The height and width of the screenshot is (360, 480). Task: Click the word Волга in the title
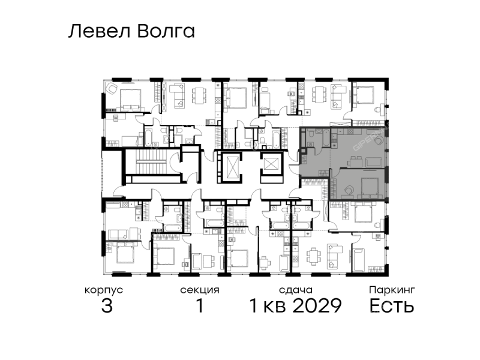pyautogui.click(x=166, y=32)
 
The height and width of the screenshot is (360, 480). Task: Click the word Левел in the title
pyautogui.click(x=100, y=31)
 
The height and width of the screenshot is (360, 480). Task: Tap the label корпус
pyautogui.click(x=104, y=290)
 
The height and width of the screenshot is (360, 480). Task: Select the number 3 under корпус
pyautogui.click(x=107, y=305)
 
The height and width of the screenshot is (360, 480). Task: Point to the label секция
pyautogui.click(x=200, y=290)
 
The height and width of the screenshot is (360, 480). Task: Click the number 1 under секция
pyautogui.click(x=200, y=305)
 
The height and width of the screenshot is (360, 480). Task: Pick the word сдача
pyautogui.click(x=296, y=290)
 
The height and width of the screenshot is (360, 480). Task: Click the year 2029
pyautogui.click(x=317, y=305)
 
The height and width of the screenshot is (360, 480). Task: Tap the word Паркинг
pyautogui.click(x=392, y=290)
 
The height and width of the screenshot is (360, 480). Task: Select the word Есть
pyautogui.click(x=392, y=305)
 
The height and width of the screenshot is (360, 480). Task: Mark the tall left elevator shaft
pyautogui.click(x=230, y=168)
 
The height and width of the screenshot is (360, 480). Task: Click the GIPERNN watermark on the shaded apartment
pyautogui.click(x=369, y=139)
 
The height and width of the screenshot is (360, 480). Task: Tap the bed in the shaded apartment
pyautogui.click(x=370, y=187)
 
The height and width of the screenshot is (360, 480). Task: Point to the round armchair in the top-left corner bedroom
pyautogui.click(x=112, y=88)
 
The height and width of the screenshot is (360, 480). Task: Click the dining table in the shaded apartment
pyautogui.click(x=355, y=161)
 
